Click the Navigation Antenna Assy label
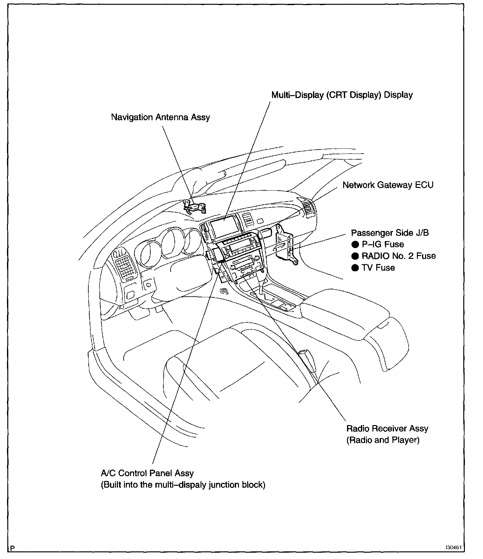(x=160, y=117)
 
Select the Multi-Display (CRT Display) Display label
(x=342, y=95)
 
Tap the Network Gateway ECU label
(x=388, y=185)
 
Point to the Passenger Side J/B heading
(x=390, y=233)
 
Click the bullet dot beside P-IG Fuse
(x=355, y=245)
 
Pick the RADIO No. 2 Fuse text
(x=398, y=256)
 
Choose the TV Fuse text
(x=378, y=268)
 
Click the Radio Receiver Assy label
(x=387, y=429)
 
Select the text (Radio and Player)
(x=383, y=440)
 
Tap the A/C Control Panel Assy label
(x=147, y=473)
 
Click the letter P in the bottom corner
(x=12, y=548)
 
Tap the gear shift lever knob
(x=262, y=272)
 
